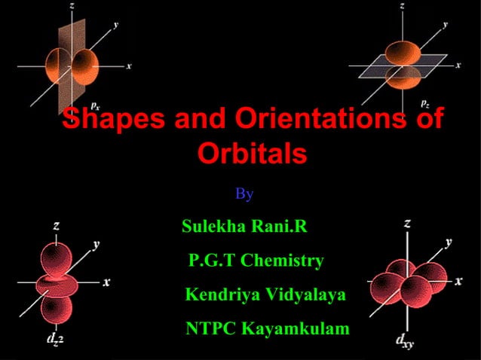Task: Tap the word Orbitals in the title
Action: point(252,154)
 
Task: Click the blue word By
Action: point(244,194)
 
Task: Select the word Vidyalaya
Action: point(303,294)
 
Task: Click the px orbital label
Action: point(96,105)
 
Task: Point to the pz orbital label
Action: point(425,103)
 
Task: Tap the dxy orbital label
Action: point(405,340)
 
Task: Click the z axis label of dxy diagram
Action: point(408,223)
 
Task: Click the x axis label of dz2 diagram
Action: point(107,282)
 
